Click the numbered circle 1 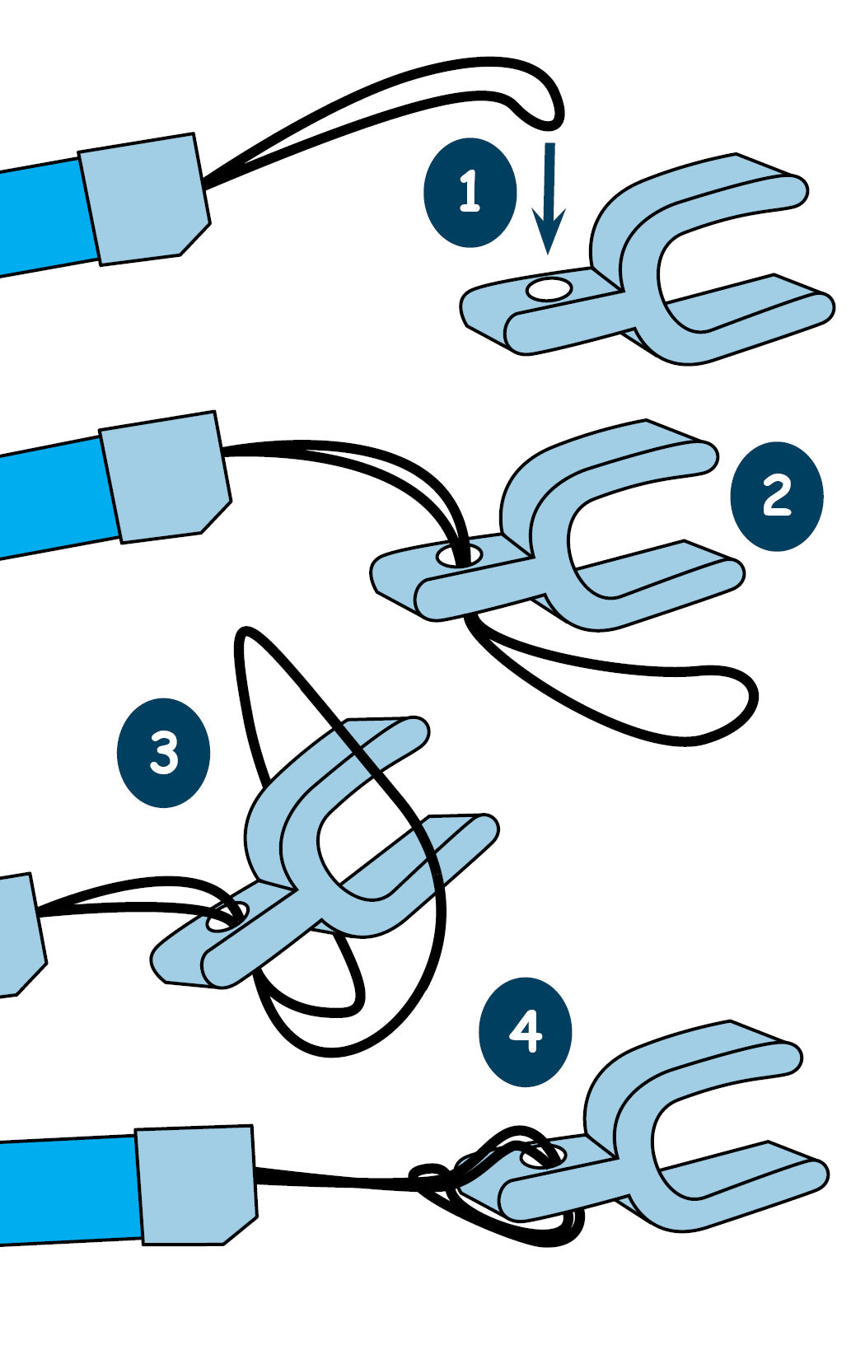[x=470, y=192]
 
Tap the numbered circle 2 [x=776, y=496]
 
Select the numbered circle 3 [x=163, y=752]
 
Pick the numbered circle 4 [x=525, y=1031]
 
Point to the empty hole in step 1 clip [x=549, y=288]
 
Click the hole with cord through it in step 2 [x=458, y=555]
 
